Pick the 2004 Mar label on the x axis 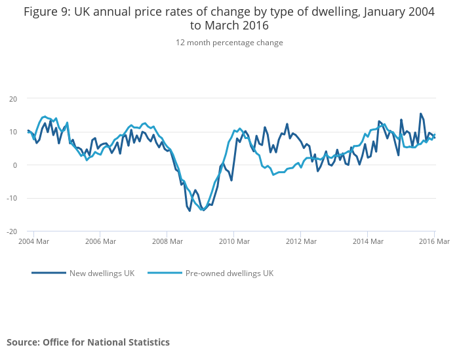coord(33,242)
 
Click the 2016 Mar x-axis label coord(434,242)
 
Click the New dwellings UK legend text coord(102,273)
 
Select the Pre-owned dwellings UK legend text coord(229,273)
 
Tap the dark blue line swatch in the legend coord(49,273)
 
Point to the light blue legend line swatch coord(165,273)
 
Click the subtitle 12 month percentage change coord(229,43)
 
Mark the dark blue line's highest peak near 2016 coord(421,113)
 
